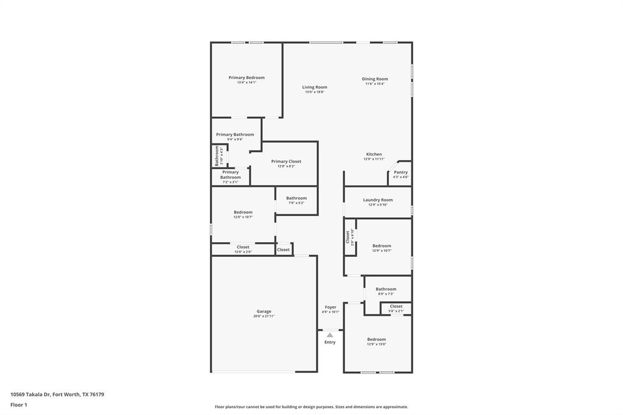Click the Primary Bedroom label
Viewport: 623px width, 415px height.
[246, 78]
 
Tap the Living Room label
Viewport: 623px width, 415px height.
[315, 88]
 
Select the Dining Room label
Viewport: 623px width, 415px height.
[375, 79]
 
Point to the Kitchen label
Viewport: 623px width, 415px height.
[374, 155]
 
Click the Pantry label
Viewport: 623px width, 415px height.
[400, 172]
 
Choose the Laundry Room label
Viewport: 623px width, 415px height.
[378, 200]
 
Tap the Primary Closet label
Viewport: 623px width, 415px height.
[286, 162]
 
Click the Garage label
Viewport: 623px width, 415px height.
[264, 312]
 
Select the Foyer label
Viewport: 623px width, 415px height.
[330, 307]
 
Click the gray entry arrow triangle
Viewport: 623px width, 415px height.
[330, 335]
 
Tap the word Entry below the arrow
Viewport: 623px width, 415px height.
[330, 342]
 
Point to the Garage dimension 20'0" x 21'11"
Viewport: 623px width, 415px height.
[264, 316]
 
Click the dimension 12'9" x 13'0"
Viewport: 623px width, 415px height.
[376, 344]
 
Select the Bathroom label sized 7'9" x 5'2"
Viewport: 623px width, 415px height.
[296, 198]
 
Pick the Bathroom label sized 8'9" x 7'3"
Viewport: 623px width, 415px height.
[386, 289]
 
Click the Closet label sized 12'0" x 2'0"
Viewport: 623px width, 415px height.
[243, 247]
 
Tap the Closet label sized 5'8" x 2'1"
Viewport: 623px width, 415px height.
[396, 307]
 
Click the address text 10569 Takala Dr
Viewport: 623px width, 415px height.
[31, 394]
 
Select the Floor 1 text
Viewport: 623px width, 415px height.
[19, 405]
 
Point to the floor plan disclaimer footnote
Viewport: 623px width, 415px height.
[311, 407]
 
